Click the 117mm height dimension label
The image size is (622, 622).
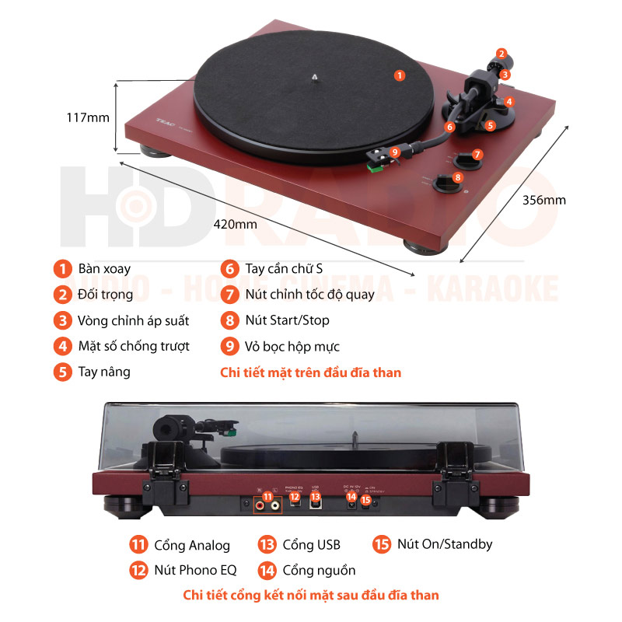pyautogui.click(x=88, y=117)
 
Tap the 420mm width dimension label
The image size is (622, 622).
pyautogui.click(x=236, y=224)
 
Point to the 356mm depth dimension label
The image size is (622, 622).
pyautogui.click(x=544, y=200)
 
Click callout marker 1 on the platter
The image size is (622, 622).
pyautogui.click(x=399, y=75)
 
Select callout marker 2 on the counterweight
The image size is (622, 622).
pyautogui.click(x=501, y=54)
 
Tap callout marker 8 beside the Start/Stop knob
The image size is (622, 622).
pyautogui.click(x=458, y=177)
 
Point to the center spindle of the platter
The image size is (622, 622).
pyautogui.click(x=313, y=77)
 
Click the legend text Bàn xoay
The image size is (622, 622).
pyautogui.click(x=104, y=269)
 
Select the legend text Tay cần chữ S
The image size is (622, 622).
pyautogui.click(x=284, y=269)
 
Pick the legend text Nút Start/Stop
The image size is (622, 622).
pyautogui.click(x=287, y=320)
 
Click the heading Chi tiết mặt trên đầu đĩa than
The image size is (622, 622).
pyautogui.click(x=311, y=372)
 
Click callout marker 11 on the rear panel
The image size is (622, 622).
pyautogui.click(x=268, y=497)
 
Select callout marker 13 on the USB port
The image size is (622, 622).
pyautogui.click(x=315, y=497)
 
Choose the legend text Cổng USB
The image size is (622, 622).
pyautogui.click(x=312, y=544)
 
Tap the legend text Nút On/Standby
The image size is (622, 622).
pyautogui.click(x=444, y=544)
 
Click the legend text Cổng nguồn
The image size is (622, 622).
pyautogui.click(x=319, y=570)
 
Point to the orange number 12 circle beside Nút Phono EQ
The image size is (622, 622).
pyautogui.click(x=139, y=570)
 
